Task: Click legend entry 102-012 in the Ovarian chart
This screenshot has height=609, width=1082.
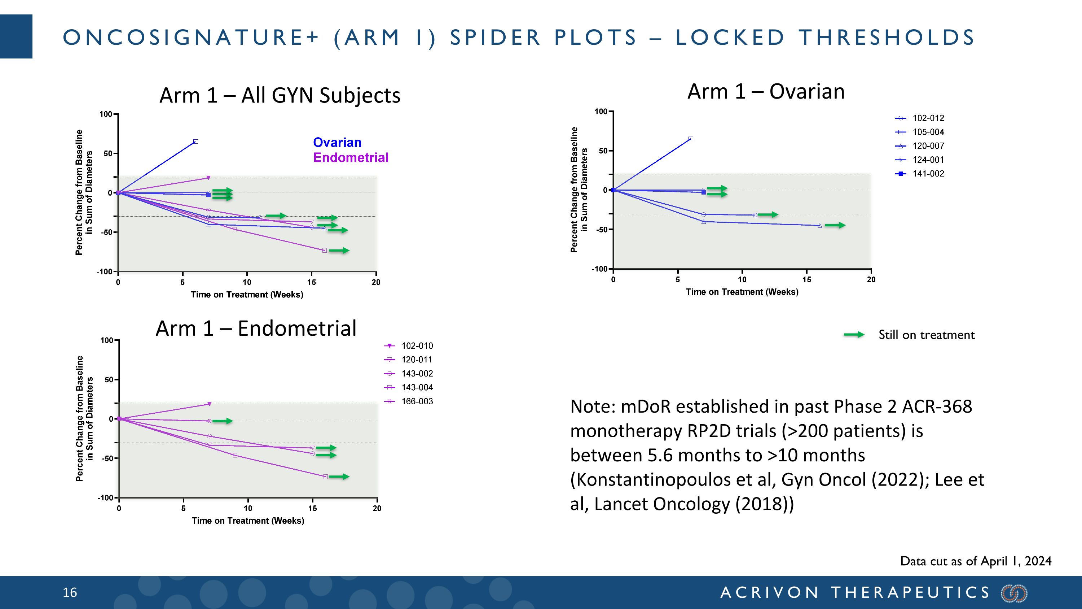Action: coord(928,118)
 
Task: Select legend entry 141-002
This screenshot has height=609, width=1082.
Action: coord(928,174)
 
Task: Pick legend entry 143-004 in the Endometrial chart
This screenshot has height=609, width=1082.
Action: coord(417,387)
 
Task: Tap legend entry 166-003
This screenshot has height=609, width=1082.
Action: coord(417,401)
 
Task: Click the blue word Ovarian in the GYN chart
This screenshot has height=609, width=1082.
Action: coord(337,143)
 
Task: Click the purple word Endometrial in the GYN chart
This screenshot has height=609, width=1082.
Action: coord(351,158)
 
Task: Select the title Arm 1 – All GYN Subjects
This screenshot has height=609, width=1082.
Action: coord(280,95)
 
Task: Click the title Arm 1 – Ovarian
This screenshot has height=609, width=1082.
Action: coord(766,92)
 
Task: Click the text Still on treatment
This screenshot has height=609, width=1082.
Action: coord(926,335)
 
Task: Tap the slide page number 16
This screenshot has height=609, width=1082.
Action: coord(70,593)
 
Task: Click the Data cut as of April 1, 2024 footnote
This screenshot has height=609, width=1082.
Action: coord(975,561)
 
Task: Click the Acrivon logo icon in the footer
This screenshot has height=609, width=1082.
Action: coord(1014,593)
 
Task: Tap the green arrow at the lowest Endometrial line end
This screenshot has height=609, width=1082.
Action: coord(339,477)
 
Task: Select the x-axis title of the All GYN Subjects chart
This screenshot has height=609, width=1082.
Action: coord(247,295)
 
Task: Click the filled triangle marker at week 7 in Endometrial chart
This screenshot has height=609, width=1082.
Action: coord(209,404)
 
